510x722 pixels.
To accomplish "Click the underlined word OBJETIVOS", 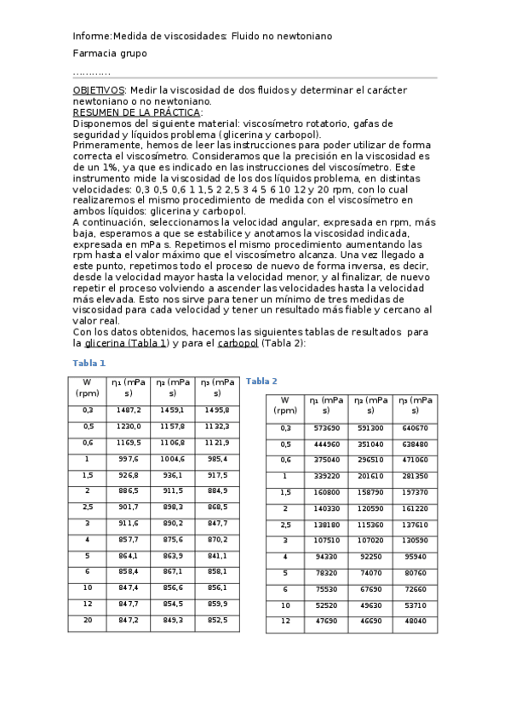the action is click(99, 89).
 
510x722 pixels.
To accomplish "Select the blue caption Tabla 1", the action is click(89, 363).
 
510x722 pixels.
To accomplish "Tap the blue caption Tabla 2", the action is click(261, 381).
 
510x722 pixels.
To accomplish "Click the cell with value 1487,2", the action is click(128, 410).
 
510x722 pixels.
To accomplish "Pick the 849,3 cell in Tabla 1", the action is click(173, 621).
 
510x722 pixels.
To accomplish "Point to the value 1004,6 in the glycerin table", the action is click(173, 459).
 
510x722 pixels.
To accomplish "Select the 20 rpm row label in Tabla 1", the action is click(87, 621).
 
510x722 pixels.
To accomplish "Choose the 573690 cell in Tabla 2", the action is click(326, 427).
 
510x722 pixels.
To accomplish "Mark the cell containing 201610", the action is click(371, 476).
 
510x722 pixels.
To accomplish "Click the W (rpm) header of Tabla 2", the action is click(285, 404).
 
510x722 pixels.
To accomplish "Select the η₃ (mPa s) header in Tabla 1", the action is click(217, 387).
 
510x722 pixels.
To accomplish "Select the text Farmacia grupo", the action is click(110, 54).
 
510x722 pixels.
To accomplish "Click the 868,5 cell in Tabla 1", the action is click(217, 507).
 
